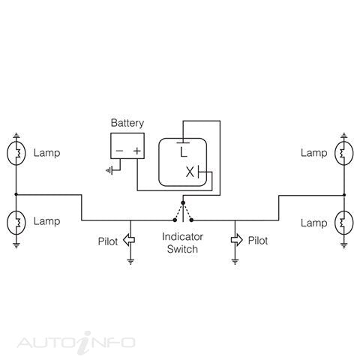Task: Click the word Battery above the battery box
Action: [x=127, y=123]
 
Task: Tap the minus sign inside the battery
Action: [x=119, y=151]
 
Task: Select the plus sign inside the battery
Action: [x=136, y=151]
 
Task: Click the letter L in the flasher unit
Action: [x=184, y=152]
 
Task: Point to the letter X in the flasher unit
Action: [x=190, y=172]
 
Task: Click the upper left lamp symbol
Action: [x=16, y=153]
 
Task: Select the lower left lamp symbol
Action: [x=16, y=223]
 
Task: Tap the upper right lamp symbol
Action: [x=344, y=153]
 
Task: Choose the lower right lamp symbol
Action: [x=344, y=223]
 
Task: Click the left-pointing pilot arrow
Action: [x=129, y=240]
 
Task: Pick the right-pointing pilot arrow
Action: [x=236, y=240]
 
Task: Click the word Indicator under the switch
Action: [x=182, y=236]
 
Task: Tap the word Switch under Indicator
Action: [x=182, y=249]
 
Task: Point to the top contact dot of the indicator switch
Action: [x=183, y=202]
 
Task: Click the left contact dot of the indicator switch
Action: [x=175, y=220]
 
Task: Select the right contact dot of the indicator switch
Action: [x=191, y=220]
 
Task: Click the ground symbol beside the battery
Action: [x=109, y=170]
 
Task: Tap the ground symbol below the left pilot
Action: [x=130, y=262]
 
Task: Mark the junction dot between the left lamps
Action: [x=16, y=194]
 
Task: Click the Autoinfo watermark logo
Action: [x=76, y=343]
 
